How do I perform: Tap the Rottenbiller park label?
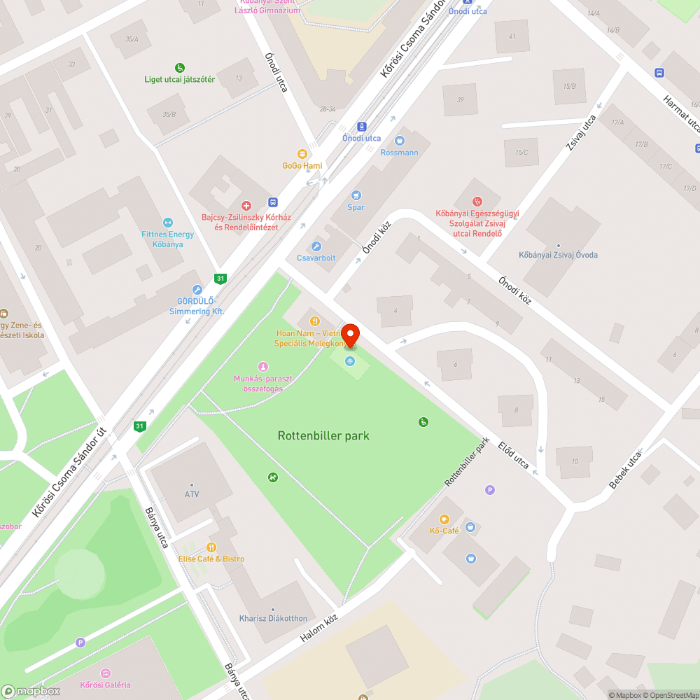[x=323, y=435]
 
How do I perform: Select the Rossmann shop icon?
[x=400, y=141]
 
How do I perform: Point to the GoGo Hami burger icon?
[x=302, y=153]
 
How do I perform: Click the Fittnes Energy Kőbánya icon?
[x=167, y=223]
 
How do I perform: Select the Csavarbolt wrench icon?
[x=316, y=246]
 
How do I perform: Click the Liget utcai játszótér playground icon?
[x=180, y=68]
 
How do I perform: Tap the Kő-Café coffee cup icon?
[x=444, y=519]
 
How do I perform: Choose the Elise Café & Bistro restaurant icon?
[x=211, y=547]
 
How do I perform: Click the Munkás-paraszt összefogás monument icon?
[x=262, y=366]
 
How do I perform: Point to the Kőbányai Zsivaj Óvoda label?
[x=558, y=255]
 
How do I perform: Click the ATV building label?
[x=192, y=494]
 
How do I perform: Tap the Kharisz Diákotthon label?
[x=273, y=618]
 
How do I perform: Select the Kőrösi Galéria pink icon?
[x=105, y=673]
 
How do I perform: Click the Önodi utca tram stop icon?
[x=361, y=127]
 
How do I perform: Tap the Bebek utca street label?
[x=624, y=470]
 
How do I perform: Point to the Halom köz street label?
[x=318, y=627]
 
